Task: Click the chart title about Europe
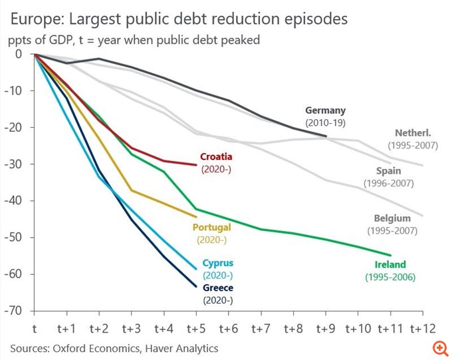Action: [178, 18]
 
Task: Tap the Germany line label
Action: [326, 110]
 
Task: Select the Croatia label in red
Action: [217, 157]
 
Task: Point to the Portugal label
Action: [211, 227]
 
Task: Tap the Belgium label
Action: [392, 218]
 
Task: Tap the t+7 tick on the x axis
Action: [261, 328]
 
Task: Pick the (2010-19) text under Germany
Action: [326, 122]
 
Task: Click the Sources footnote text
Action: [114, 348]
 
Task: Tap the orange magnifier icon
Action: [439, 348]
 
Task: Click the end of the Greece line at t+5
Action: [196, 287]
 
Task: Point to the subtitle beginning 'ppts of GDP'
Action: [134, 40]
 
